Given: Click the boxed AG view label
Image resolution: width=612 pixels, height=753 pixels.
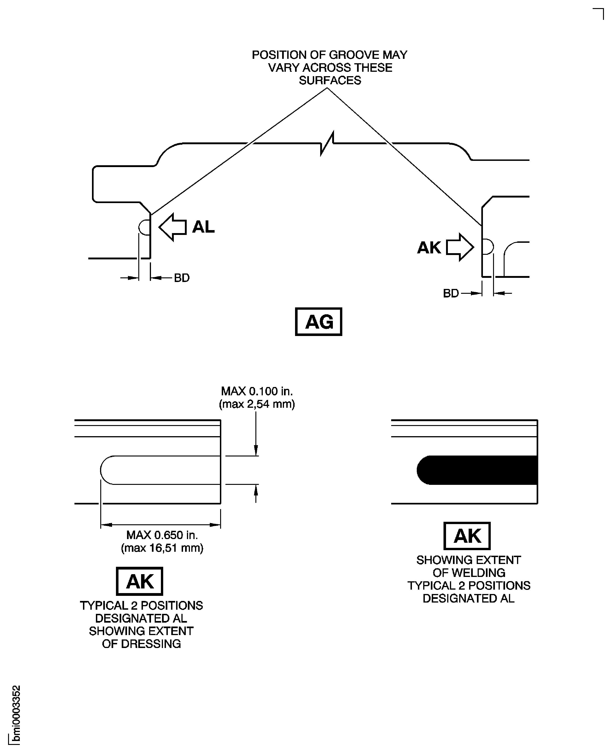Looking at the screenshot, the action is pos(318,321).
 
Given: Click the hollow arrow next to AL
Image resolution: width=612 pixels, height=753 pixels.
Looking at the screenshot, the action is pos(172,227).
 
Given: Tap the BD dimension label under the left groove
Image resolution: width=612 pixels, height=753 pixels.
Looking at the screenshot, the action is pos(182,278).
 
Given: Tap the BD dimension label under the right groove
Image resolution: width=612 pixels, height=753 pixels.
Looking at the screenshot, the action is pos(451,293).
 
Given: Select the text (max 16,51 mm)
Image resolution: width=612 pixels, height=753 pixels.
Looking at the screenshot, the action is pos(162,548).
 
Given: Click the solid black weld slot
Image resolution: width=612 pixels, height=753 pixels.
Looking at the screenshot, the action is pos(477,470).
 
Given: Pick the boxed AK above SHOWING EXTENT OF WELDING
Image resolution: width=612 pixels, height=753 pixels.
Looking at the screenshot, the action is pos(467,536).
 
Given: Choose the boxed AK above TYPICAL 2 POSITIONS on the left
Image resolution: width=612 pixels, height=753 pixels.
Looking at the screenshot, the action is pos(140,581).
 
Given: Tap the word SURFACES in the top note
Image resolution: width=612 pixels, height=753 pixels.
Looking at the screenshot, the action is pos(330,81).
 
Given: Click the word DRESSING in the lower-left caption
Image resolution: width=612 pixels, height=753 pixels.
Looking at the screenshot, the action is pos(151,644).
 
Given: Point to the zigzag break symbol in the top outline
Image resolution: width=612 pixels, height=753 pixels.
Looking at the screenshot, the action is pos(327,143).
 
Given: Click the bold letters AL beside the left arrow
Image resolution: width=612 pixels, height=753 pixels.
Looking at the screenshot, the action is pos(203,227).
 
